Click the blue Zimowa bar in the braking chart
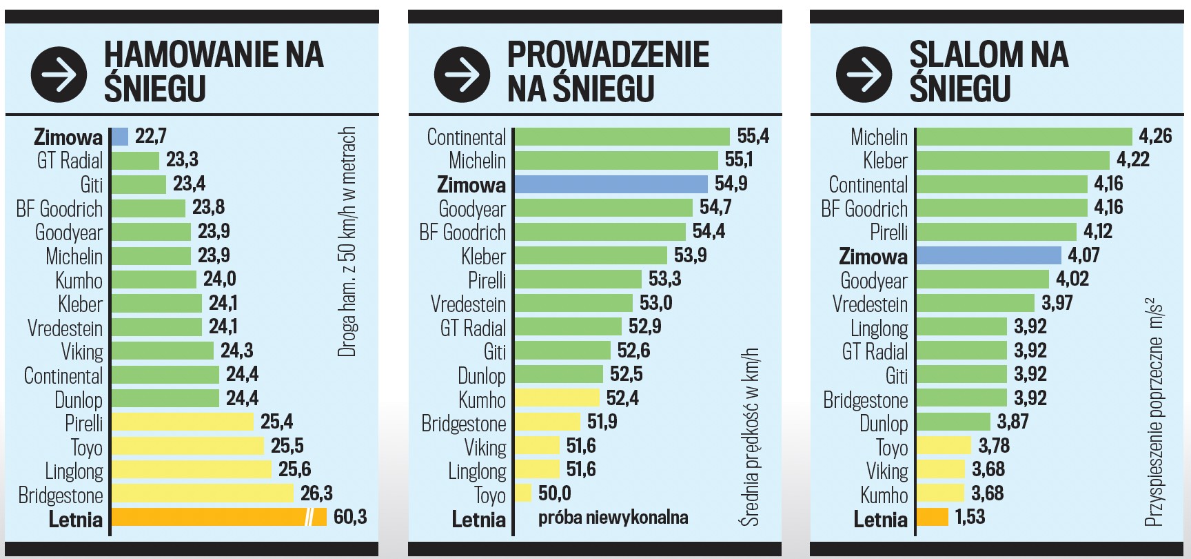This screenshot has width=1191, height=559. pyautogui.click(x=120, y=137)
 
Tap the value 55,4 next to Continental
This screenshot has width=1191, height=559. pyautogui.click(x=753, y=136)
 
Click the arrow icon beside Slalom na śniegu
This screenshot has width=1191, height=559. pyautogui.click(x=864, y=74)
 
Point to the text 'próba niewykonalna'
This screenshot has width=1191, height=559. pyautogui.click(x=613, y=517)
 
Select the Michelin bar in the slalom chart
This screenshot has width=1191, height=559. pyautogui.click(x=1024, y=137)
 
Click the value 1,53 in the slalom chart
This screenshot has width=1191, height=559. pyautogui.click(x=969, y=517)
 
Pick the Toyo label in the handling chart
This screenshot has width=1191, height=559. pyautogui.click(x=489, y=494)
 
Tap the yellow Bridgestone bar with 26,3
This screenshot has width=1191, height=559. pyautogui.click(x=203, y=493)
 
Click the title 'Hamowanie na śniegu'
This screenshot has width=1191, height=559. pyautogui.click(x=214, y=72)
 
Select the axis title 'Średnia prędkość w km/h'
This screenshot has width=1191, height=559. pyautogui.click(x=750, y=436)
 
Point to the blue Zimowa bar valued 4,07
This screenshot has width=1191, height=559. pyautogui.click(x=989, y=255)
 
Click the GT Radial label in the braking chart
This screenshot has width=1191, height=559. pyautogui.click(x=70, y=161)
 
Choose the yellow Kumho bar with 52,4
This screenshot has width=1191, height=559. pyautogui.click(x=558, y=398)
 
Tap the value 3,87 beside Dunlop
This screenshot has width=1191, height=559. pyautogui.click(x=1012, y=422)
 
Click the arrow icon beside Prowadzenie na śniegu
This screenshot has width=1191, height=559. pyautogui.click(x=462, y=74)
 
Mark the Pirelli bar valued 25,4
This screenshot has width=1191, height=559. pyautogui.click(x=183, y=422)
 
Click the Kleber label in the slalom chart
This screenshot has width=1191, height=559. pyautogui.click(x=885, y=161)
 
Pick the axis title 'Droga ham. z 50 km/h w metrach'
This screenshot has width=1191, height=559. pyautogui.click(x=347, y=242)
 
